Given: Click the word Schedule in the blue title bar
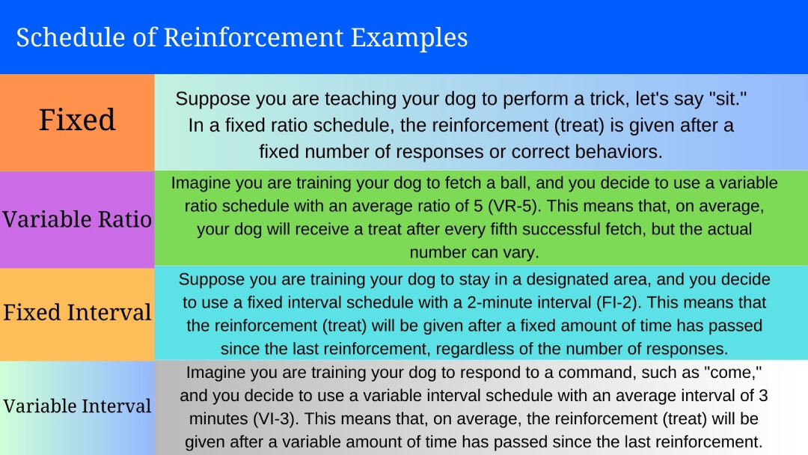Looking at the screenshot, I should [61, 37].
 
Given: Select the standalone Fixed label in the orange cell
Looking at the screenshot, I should [77, 120].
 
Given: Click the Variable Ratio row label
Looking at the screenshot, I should [77, 219].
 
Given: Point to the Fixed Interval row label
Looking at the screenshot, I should [77, 311].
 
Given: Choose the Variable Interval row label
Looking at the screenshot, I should [77, 406].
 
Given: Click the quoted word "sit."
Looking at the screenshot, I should [705, 98].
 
